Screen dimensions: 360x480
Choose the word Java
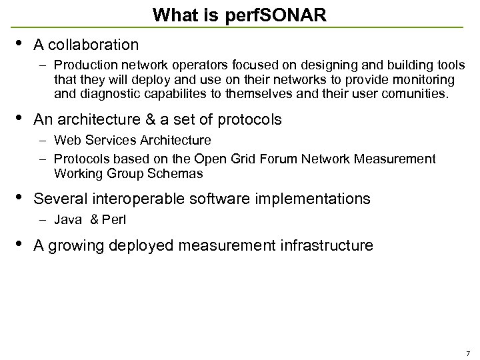click(x=67, y=219)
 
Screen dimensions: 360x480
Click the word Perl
click(x=113, y=219)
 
